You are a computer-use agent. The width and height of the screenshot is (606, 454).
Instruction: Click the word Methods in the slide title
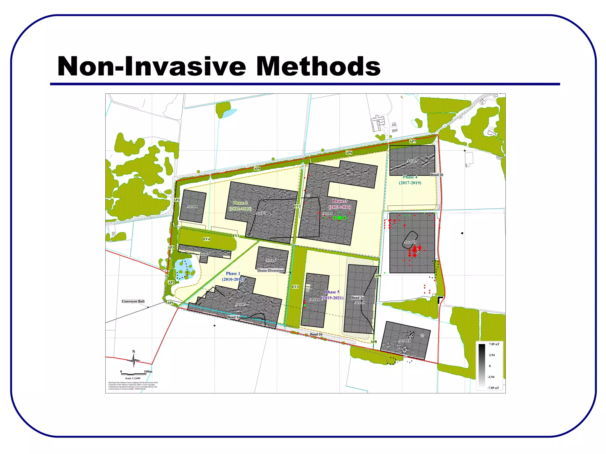[x=318, y=67]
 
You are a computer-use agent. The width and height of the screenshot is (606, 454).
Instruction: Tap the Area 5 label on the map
[x=412, y=161]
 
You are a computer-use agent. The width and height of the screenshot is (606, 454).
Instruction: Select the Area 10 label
[x=410, y=242]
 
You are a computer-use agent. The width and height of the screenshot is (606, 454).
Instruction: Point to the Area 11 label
[x=404, y=341]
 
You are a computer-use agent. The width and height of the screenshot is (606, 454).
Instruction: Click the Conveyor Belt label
[x=133, y=301]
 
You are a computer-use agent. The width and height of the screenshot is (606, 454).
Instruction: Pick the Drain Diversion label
[x=270, y=270]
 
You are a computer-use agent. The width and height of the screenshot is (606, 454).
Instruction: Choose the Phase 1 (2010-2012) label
[x=233, y=276]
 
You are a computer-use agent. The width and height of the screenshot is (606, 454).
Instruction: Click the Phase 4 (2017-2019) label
[x=410, y=180]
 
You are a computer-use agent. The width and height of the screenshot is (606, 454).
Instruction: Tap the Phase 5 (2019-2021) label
[x=332, y=295]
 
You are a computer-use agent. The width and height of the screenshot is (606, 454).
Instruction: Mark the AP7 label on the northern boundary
[x=412, y=142]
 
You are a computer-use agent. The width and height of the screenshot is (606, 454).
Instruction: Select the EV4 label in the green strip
[x=207, y=239]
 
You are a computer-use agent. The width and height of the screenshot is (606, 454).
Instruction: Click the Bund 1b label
[x=316, y=335]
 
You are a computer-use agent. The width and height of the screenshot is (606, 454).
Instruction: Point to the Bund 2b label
[x=437, y=175]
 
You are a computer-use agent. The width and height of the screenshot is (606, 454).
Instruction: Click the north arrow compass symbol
[x=133, y=360]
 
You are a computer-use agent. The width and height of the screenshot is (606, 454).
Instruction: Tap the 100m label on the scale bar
[x=148, y=372]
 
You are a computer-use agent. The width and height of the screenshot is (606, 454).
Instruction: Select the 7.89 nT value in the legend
[x=494, y=344]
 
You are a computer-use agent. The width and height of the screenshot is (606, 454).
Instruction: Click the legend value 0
[x=490, y=366]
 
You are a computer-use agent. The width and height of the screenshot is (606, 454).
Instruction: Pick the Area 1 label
[x=192, y=207]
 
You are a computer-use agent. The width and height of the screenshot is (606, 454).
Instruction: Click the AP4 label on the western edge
[x=176, y=200]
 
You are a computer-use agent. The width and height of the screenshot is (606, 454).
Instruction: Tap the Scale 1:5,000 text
[x=133, y=378]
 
